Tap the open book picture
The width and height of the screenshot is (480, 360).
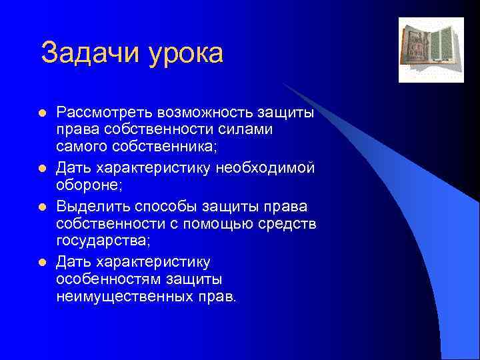[x=431, y=50]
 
